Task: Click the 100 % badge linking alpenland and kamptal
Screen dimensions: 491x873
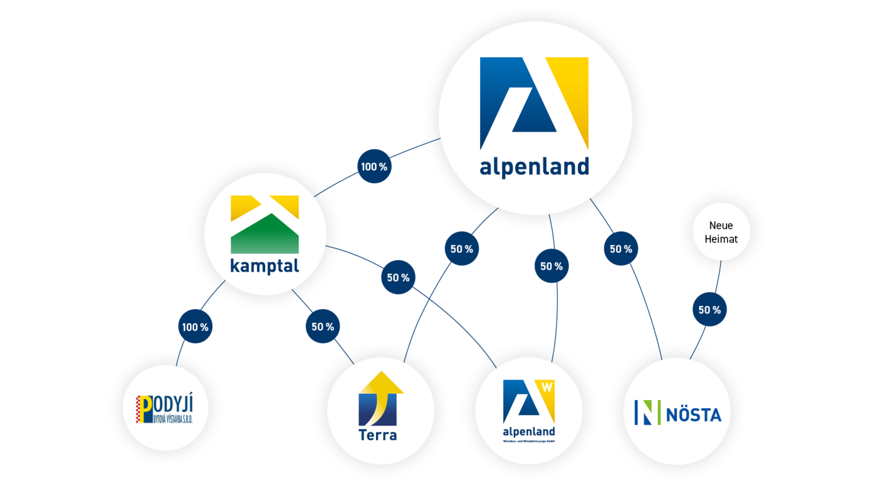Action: click(374, 166)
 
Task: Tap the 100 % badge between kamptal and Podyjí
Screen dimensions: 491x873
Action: click(195, 327)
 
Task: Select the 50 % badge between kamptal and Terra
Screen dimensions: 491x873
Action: click(322, 327)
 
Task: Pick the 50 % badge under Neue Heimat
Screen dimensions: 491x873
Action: click(709, 310)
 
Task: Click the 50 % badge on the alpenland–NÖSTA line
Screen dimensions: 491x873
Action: click(620, 249)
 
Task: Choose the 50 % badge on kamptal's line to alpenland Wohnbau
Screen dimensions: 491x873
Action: click(398, 277)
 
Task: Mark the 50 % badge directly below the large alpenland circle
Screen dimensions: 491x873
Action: click(551, 266)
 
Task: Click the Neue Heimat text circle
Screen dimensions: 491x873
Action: click(721, 232)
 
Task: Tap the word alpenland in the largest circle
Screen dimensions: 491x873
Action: click(534, 167)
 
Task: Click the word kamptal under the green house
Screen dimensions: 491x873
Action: click(264, 266)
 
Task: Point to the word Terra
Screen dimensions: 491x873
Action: click(377, 434)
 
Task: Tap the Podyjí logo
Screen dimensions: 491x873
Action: click(165, 409)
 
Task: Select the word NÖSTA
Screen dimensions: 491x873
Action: click(693, 414)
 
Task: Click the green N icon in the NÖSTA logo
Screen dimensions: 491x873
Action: click(647, 412)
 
